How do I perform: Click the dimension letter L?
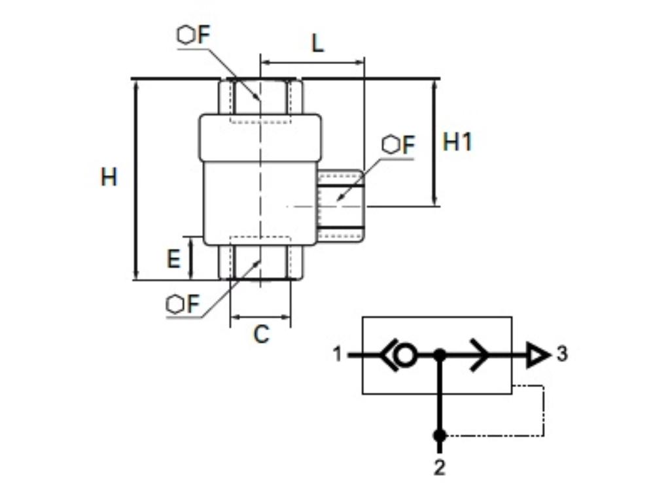pos(317,44)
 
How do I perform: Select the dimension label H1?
pos(457,142)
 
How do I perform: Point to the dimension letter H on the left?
pos(109,177)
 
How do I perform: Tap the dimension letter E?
pos(173,259)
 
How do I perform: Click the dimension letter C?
pos(261,335)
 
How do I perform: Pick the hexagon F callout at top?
pos(194,35)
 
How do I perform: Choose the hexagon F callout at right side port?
pos(399,145)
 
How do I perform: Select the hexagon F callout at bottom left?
pos(183,304)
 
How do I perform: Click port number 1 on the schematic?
pos(338,355)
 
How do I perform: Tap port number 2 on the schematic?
pos(440,467)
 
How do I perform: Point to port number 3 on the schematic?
pos(562,354)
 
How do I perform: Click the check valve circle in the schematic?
pos(406,356)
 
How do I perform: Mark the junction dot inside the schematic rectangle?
pos(440,355)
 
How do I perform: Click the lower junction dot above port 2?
pos(440,435)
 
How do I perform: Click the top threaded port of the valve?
pos(260,98)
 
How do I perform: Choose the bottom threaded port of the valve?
pos(260,261)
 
